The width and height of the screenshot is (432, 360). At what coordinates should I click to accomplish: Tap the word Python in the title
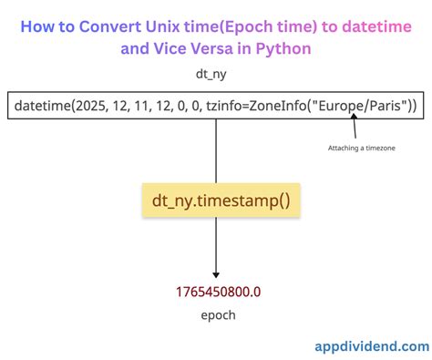282,46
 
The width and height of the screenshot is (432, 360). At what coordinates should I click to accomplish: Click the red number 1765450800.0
216,293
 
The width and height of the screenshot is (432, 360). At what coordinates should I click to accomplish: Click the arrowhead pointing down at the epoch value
216,273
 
